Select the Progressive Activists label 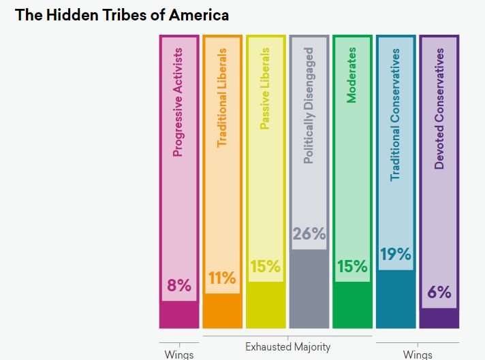click(x=178, y=102)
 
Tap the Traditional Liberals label click(x=222, y=97)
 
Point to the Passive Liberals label click(x=266, y=88)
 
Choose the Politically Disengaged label click(x=309, y=105)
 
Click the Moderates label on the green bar click(x=352, y=76)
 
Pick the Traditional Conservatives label click(x=396, y=114)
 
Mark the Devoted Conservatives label click(x=439, y=108)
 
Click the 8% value click(x=179, y=286)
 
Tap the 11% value click(x=222, y=278)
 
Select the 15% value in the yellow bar click(x=266, y=267)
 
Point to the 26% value click(x=309, y=234)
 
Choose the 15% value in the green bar click(x=352, y=267)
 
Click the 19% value click(x=396, y=255)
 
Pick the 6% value click(x=439, y=293)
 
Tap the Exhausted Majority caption click(x=287, y=347)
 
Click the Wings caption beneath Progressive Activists click(x=179, y=355)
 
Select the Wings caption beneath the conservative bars click(x=418, y=355)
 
